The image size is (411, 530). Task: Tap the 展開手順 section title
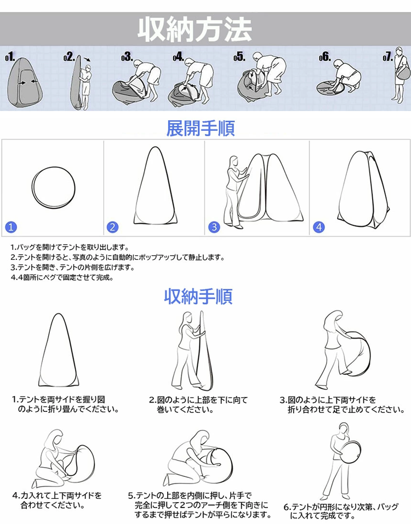tap(201, 129)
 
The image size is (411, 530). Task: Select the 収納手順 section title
tap(198, 296)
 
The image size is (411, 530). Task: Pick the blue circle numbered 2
tap(112, 227)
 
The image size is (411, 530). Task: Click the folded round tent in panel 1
tap(53, 187)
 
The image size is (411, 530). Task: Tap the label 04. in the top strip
tap(178, 57)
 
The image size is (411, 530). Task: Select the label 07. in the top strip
tap(388, 57)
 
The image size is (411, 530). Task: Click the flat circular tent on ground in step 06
tap(332, 87)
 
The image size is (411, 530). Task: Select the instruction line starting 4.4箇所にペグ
tap(62, 277)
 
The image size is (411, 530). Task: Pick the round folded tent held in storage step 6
tap(350, 452)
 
